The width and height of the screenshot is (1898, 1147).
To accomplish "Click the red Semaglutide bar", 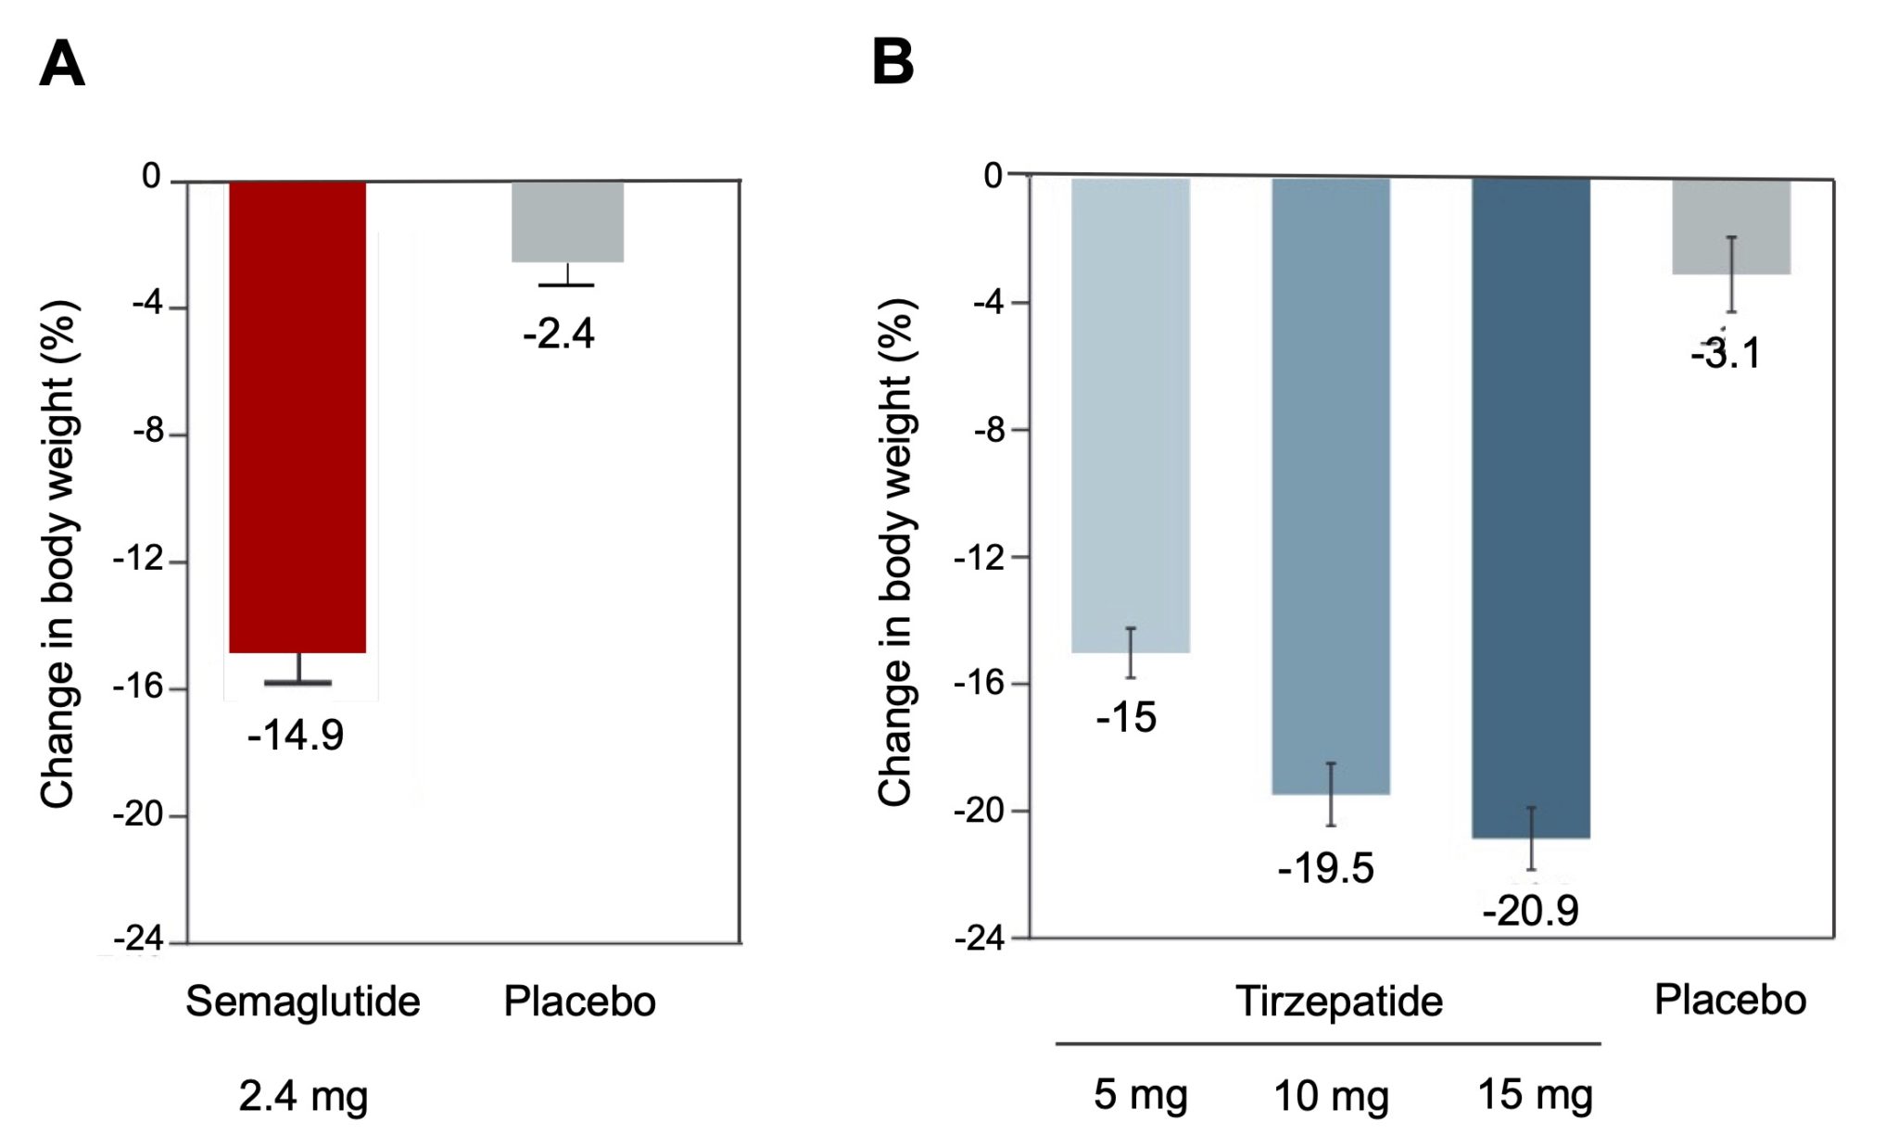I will (297, 417).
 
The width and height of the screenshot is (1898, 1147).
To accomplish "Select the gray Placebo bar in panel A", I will (567, 221).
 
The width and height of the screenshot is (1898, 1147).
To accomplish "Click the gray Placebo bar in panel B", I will (1730, 226).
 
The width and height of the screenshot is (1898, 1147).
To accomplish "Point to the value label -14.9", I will (295, 736).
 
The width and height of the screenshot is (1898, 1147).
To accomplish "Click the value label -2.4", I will (559, 334).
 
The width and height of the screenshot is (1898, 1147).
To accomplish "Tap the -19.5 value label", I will (1325, 869).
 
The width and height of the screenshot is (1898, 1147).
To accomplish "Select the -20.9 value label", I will (1530, 911).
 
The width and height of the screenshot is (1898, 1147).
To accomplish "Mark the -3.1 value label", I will (1726, 354).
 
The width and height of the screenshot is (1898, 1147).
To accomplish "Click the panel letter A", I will (62, 65).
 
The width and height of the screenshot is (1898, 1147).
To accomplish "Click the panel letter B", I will (892, 63).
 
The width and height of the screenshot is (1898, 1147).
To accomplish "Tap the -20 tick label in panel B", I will (979, 811).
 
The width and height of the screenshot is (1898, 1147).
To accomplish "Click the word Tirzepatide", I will (1338, 1002).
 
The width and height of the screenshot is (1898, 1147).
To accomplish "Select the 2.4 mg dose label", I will (303, 1096).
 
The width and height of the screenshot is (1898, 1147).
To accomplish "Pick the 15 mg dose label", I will (1535, 1095).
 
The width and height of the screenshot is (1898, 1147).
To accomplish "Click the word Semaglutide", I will (302, 1002).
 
